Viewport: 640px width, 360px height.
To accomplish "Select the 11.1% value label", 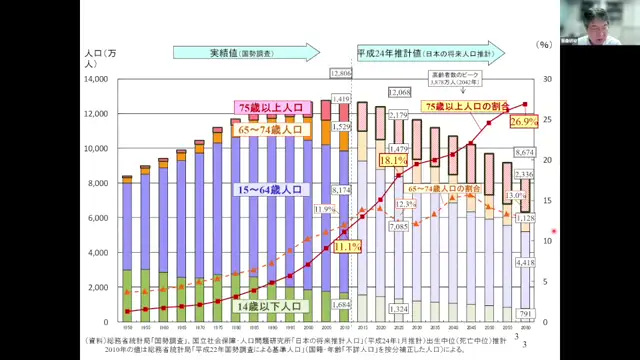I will coord(346,246).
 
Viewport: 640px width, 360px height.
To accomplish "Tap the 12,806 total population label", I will coord(341,75).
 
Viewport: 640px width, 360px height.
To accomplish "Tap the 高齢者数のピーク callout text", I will coord(455,74).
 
